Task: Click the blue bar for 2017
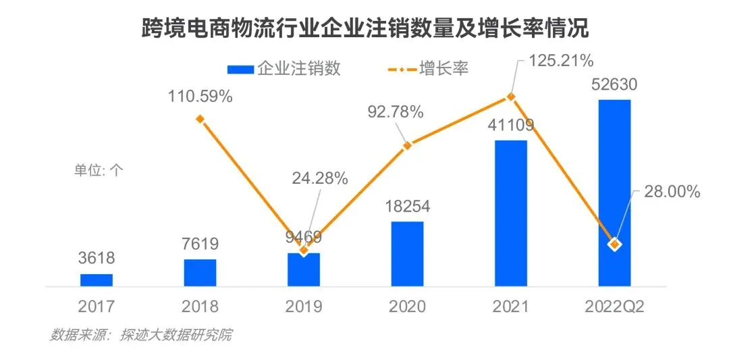[x=97, y=280]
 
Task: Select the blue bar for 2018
[x=200, y=272]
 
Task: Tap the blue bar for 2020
[x=407, y=253]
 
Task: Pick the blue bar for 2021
[x=511, y=213]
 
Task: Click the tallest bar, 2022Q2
[x=614, y=192]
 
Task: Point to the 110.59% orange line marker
[x=200, y=119]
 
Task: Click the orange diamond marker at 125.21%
[x=511, y=97]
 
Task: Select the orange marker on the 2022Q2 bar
[x=614, y=244]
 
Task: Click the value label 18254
[x=407, y=206]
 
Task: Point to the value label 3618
[x=97, y=258]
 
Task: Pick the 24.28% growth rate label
[x=320, y=179]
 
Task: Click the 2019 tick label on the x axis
[x=304, y=307]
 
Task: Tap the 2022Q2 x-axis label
[x=614, y=307]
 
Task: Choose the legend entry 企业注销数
[x=283, y=68]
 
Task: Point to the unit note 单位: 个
[x=99, y=170]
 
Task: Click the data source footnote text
[x=140, y=335]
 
